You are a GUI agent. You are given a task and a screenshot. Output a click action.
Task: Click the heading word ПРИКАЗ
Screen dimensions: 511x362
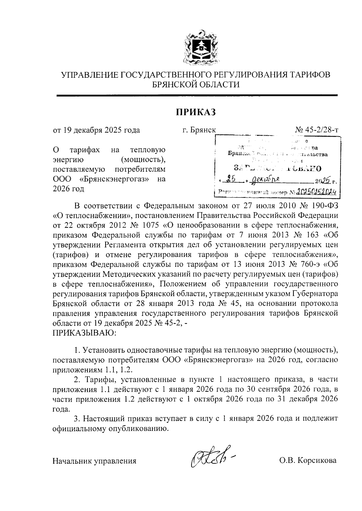coord(196,112)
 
